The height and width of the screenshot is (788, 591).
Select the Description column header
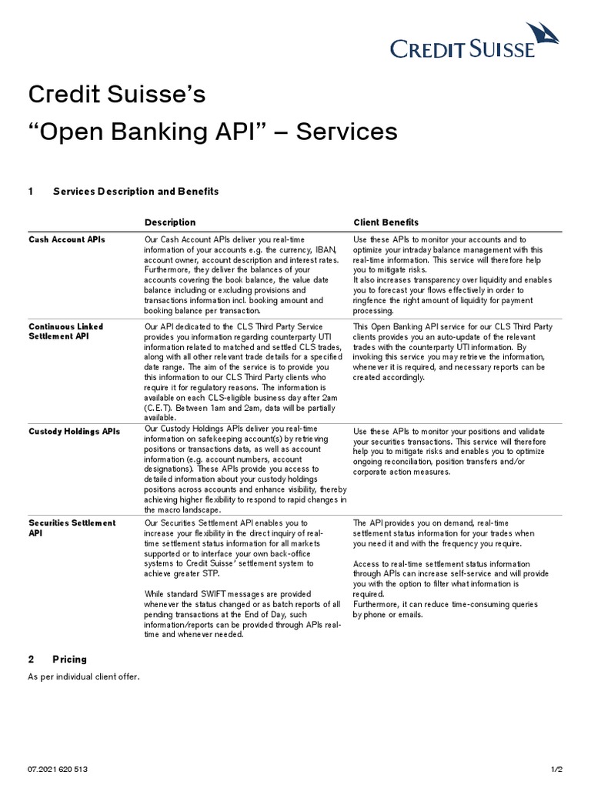(x=170, y=222)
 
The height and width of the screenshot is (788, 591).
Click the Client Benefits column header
(x=386, y=222)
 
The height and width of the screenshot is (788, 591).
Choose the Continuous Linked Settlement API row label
(x=65, y=332)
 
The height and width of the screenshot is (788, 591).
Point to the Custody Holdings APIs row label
(x=74, y=432)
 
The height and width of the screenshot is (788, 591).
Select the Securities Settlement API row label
(x=72, y=528)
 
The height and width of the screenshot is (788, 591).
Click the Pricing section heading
(x=69, y=659)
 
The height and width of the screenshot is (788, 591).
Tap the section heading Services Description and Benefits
(x=135, y=192)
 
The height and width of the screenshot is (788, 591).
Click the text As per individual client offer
(x=83, y=677)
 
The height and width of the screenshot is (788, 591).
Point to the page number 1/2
(x=557, y=769)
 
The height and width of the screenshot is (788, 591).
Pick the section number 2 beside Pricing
(x=32, y=659)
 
